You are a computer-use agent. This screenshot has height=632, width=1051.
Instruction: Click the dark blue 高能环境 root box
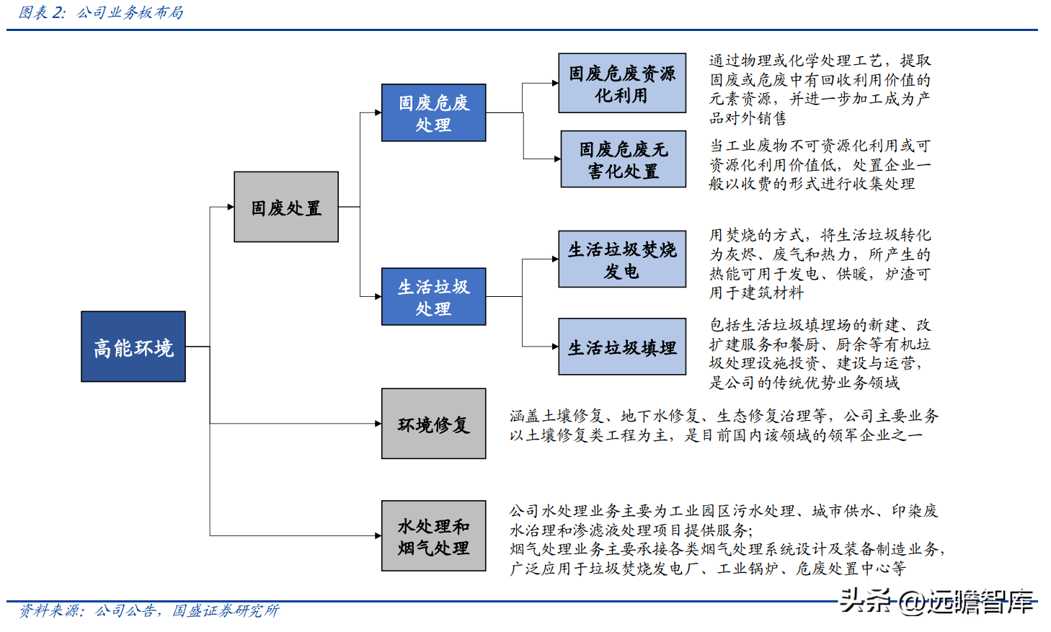(133, 347)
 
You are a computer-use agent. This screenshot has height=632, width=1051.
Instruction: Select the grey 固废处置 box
(286, 207)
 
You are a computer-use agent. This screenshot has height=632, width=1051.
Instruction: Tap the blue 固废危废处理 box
(433, 112)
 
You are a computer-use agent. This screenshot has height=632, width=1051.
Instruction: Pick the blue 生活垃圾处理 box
(433, 296)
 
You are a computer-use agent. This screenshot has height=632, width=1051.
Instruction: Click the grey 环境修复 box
(433, 424)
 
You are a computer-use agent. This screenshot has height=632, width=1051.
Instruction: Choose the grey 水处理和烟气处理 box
(433, 536)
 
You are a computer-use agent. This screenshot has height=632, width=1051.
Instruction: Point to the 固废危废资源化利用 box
(622, 83)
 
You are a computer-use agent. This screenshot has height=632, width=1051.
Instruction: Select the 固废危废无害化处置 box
(624, 159)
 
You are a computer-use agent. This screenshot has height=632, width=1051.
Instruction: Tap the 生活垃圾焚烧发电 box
(622, 259)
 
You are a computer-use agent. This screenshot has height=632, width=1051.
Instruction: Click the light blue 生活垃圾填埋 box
(622, 347)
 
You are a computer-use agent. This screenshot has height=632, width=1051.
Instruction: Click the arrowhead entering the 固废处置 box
(231, 207)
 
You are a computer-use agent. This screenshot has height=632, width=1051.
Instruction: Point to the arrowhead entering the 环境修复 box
(378, 424)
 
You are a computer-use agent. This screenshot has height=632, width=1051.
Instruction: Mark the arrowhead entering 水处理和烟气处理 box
(378, 535)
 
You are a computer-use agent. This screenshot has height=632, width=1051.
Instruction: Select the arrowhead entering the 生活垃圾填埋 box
(555, 347)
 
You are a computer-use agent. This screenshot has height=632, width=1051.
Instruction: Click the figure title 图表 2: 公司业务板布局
(101, 12)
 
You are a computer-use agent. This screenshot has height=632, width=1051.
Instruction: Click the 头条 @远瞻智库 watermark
(936, 601)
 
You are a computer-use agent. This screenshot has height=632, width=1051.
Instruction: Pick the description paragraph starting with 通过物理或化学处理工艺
(820, 89)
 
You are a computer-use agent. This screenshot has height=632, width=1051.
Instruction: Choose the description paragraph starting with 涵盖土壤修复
(724, 425)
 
